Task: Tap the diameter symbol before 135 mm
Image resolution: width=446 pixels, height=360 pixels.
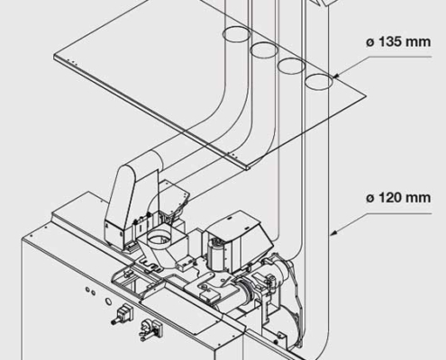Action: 369,42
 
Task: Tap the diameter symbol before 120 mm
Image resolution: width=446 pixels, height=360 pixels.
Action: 369,196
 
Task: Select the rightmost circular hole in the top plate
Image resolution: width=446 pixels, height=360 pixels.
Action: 318,83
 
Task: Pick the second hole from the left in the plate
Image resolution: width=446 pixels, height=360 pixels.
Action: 264,50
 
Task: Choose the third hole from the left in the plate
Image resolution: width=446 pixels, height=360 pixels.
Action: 290,66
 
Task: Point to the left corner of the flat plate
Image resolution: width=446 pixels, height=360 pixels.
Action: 56,59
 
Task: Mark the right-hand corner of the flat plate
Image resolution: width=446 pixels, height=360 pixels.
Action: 370,96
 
